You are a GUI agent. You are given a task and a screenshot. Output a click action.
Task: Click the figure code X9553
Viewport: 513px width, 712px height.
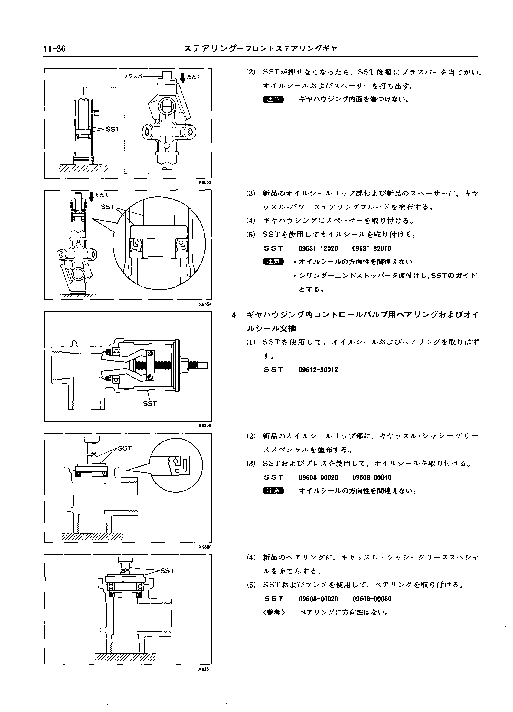205,182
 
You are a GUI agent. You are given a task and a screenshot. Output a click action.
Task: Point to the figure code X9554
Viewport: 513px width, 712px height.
205,304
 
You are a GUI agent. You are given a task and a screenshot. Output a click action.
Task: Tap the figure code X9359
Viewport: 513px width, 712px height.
205,425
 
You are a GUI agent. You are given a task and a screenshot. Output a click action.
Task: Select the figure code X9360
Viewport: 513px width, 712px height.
205,546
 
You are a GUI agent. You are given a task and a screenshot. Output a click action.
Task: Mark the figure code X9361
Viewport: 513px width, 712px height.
205,669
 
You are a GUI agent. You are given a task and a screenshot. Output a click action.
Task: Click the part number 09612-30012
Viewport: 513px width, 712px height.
318,370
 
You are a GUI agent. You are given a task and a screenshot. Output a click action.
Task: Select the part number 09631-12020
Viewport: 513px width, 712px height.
318,249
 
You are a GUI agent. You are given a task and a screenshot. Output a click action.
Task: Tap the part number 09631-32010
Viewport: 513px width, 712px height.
371,249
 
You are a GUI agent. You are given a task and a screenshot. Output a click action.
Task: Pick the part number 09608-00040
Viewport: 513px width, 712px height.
371,477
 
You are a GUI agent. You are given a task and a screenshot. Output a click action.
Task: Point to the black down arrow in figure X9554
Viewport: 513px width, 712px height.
91,197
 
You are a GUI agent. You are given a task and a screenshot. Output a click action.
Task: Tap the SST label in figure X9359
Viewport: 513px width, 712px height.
150,404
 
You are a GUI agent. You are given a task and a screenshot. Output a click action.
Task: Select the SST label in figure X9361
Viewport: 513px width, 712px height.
167,571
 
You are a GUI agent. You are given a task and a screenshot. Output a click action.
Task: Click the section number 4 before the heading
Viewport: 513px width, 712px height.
234,315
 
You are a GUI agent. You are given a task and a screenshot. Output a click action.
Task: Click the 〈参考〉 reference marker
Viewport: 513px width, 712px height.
274,612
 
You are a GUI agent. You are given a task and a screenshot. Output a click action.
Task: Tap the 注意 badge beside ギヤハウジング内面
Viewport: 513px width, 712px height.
273,100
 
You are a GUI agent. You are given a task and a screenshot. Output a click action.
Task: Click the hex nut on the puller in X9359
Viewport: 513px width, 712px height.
185,365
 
